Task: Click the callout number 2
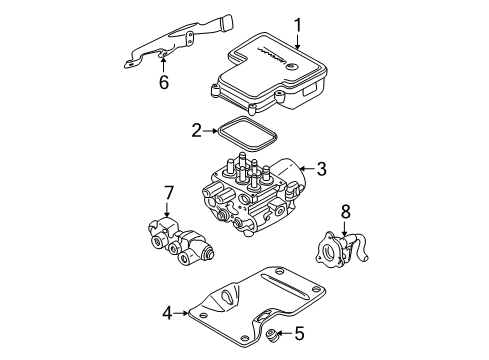pyautogui.click(x=198, y=130)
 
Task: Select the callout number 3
pyautogui.click(x=322, y=171)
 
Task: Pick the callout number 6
pyautogui.click(x=164, y=85)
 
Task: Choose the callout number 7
pyautogui.click(x=169, y=191)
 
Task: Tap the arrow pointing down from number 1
pyautogui.click(x=297, y=40)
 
